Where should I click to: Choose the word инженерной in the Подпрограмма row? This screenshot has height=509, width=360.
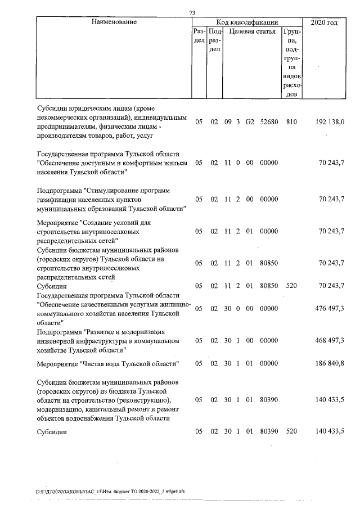56,341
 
